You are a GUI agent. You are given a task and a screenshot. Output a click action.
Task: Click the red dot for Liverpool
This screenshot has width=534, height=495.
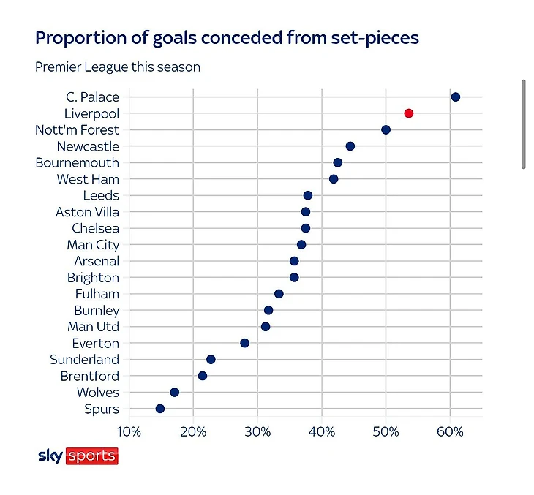point(409,113)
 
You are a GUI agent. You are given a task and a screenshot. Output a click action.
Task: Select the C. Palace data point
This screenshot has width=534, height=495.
point(455,97)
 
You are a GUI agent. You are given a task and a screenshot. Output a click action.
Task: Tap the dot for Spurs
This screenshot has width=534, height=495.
point(159,409)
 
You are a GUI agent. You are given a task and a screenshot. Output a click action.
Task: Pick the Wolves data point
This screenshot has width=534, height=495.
point(174,392)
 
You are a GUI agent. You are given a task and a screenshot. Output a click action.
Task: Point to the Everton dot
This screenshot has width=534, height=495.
point(244,343)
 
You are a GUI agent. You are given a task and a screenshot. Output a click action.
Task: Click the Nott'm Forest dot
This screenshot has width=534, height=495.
point(386,129)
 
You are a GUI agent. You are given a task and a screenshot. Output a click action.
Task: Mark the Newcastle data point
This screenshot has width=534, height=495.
point(350,146)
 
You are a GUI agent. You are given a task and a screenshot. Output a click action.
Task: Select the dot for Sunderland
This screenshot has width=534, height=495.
point(211,360)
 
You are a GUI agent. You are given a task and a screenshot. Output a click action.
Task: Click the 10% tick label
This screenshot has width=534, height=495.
point(129,432)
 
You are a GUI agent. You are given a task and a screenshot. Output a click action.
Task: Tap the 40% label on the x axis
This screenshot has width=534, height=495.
point(322,432)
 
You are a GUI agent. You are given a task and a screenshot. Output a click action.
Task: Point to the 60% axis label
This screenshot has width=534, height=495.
point(450,432)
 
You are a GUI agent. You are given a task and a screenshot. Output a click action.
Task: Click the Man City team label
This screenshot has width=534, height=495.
point(93,245)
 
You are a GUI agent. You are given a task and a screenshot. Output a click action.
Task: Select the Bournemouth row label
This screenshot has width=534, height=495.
point(78,163)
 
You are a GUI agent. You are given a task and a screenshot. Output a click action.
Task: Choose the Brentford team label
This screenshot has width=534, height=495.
point(90,377)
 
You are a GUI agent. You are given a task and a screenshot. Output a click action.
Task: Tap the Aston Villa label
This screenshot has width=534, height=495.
point(88,212)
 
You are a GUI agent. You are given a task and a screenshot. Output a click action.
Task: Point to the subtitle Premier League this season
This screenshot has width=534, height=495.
point(118,67)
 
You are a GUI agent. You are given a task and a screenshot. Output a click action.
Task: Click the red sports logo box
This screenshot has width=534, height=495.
point(92,456)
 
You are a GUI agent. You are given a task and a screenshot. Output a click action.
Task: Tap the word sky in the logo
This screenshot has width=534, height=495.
point(50,456)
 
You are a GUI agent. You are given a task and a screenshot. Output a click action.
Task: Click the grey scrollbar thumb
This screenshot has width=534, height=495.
point(524,124)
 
